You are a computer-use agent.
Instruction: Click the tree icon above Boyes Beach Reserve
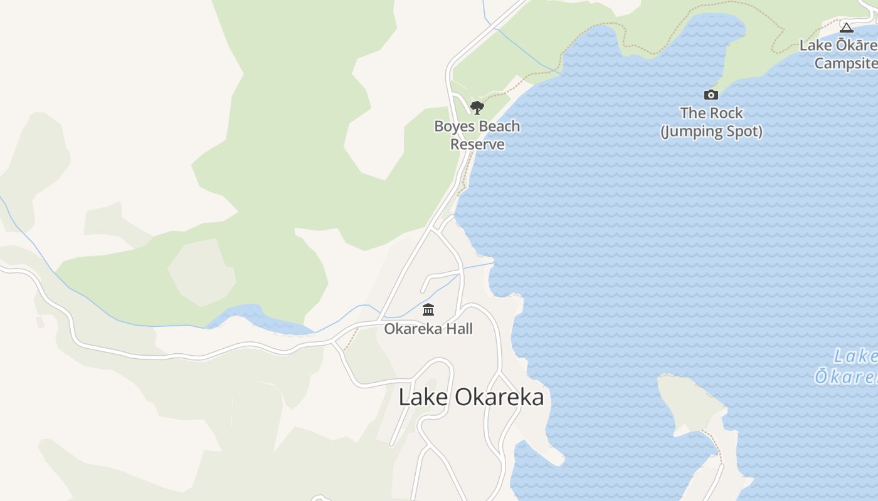[477, 108]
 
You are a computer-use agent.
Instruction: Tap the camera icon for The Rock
[711, 95]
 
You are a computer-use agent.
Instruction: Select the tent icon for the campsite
[847, 28]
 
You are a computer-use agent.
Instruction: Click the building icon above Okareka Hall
[428, 310]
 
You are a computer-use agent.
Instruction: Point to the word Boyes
[453, 127]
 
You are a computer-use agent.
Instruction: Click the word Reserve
[477, 145]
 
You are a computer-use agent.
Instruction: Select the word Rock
[725, 113]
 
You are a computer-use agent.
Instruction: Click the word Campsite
[845, 63]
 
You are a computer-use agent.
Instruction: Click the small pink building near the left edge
[41, 322]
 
